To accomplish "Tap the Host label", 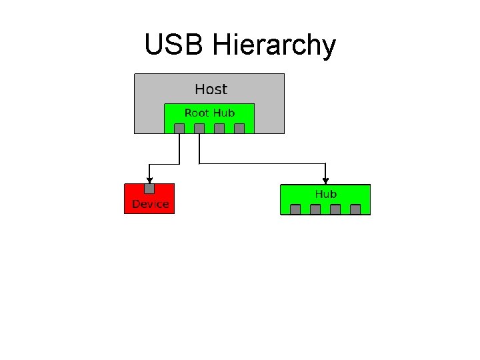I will pos(211,89).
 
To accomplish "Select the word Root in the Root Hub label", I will pos(197,113).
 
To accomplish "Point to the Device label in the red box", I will pos(150,204).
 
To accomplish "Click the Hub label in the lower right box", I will pos(326,194).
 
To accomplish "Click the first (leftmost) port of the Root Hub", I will pos(179,129).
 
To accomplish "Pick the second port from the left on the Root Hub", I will pos(199,129).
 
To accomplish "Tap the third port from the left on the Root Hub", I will pos(219,129).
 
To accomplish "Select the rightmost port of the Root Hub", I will pos(239,129).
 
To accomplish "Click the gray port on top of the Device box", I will pos(149,189).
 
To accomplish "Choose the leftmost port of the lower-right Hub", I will pos(295,209).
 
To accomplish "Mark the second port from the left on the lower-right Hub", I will pos(315,209).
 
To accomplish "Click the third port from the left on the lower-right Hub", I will pos(335,209).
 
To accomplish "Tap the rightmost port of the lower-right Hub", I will pos(355,209).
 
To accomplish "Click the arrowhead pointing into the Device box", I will pos(149,179).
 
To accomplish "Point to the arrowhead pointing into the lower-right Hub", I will pos(325,179).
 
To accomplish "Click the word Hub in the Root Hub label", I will pos(224,113).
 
